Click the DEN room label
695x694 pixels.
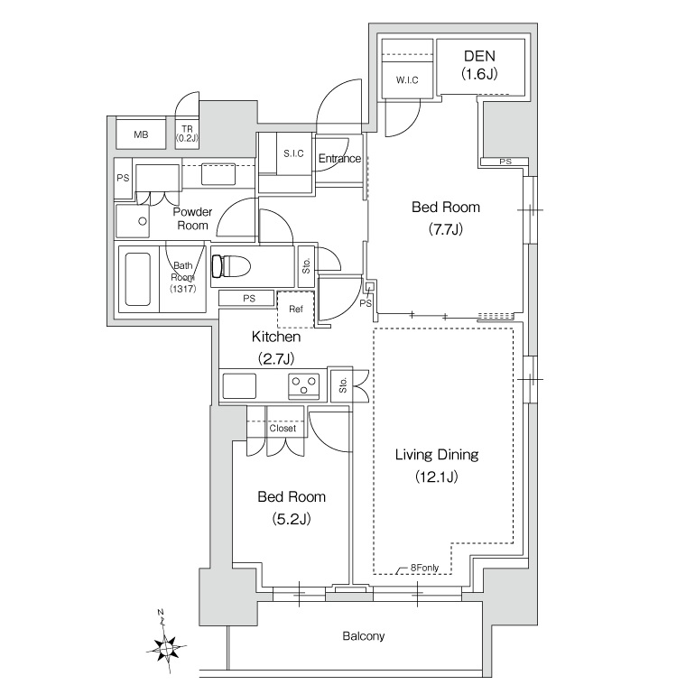479,56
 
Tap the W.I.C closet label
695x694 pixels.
407,80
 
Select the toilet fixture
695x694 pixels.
231,266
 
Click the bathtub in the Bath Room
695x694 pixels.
137,279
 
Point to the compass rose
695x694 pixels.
166,646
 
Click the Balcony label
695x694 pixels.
364,636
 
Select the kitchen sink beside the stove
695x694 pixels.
239,386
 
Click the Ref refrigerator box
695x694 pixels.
296,309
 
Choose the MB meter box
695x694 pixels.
141,133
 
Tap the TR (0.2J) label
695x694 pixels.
187,134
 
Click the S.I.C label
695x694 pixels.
293,153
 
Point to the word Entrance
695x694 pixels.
339,158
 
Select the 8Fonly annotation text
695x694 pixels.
424,568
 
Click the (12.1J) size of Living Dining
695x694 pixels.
437,477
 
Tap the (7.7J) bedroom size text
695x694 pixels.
446,229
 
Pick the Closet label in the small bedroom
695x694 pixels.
283,428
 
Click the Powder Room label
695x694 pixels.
192,218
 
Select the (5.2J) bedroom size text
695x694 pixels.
292,519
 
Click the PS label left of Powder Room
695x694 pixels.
123,178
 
